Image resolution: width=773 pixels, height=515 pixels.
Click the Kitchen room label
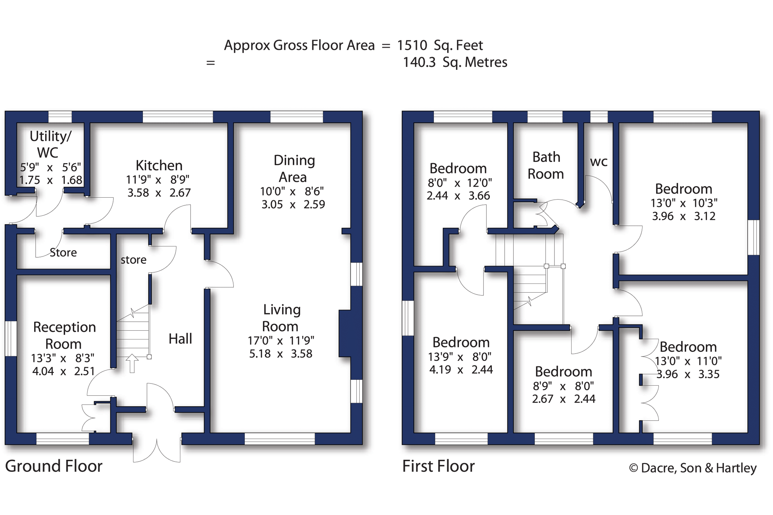point(159,166)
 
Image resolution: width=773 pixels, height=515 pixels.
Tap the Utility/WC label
point(50,144)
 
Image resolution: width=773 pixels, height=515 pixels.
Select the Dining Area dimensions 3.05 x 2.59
point(293,204)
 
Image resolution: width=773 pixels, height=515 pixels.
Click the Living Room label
point(281,318)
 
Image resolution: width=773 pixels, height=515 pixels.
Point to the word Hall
point(180,339)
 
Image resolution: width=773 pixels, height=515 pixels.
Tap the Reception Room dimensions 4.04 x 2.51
point(63,371)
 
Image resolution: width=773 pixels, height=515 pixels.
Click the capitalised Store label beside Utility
point(63,252)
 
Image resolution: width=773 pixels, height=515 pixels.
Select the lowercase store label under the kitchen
point(133,260)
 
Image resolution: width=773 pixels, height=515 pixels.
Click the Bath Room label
point(545,165)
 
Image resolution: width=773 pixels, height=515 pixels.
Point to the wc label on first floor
point(598,161)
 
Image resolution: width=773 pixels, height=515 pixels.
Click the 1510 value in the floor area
point(412,45)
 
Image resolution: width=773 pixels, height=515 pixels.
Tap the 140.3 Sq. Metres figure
point(454,63)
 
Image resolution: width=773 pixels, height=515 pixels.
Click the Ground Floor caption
point(54,466)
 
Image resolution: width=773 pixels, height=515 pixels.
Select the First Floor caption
point(438,466)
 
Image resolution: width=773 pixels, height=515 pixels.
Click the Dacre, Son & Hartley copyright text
point(693,468)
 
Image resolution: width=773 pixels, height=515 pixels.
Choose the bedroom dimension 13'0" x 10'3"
point(684,203)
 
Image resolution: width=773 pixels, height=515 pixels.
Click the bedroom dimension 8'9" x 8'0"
point(563,386)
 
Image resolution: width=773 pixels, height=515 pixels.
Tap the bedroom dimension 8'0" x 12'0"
point(459,182)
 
